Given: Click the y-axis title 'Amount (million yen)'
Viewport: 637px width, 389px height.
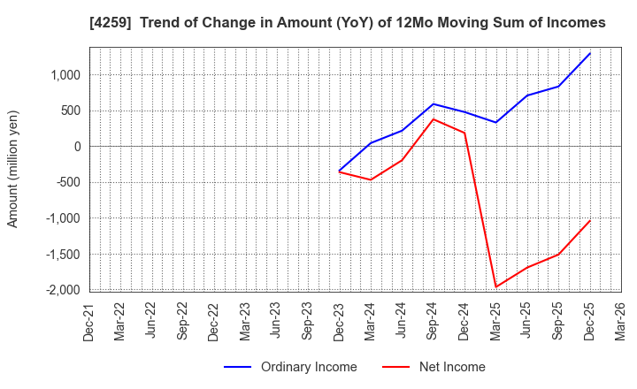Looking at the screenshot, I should coord(12,169).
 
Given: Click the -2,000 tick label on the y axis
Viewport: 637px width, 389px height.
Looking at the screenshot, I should coord(62,290).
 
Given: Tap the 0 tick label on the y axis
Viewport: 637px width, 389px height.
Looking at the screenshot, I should coord(77,147).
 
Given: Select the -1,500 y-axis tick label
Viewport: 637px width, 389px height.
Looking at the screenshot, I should coord(62,255).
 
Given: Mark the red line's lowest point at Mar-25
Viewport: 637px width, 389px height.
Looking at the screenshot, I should coord(496,286).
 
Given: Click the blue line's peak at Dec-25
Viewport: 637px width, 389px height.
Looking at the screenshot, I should coord(590,53).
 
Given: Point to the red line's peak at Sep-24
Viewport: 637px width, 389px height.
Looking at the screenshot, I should coord(434,119).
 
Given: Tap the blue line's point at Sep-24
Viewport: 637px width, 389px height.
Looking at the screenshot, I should coord(434,104).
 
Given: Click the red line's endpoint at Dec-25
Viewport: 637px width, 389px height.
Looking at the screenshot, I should coord(590,220).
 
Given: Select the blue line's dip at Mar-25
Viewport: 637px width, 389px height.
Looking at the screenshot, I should coord(496,122).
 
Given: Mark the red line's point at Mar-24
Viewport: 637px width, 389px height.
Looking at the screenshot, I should coord(371,179).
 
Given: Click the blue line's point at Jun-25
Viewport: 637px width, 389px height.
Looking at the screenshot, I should coord(527,95).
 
